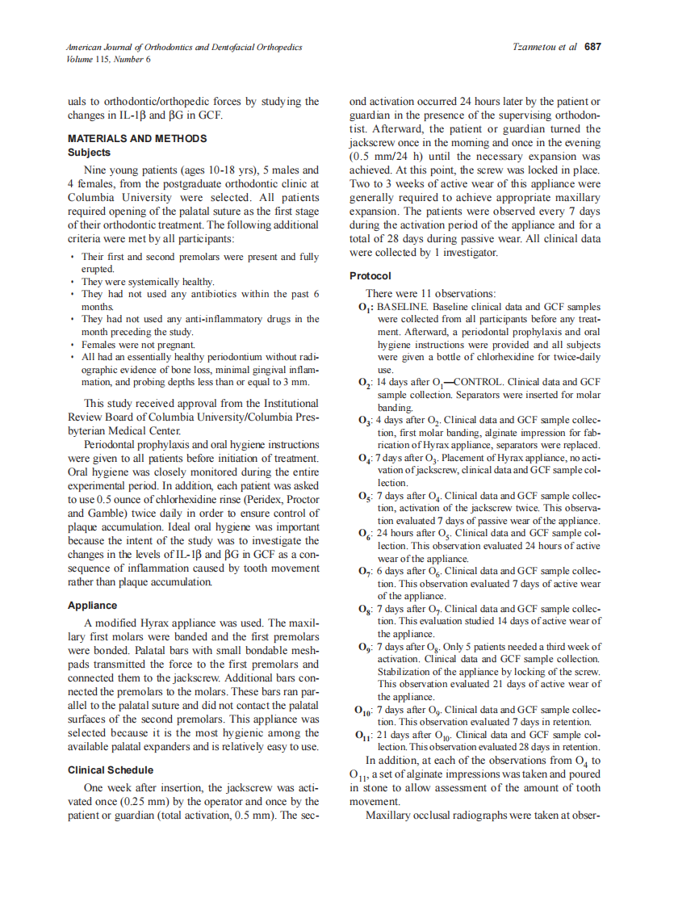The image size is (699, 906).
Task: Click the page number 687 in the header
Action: [x=593, y=47]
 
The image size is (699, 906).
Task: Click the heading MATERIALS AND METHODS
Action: [x=137, y=139]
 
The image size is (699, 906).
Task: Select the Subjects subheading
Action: [x=90, y=152]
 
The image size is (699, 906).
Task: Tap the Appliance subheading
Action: [x=93, y=606]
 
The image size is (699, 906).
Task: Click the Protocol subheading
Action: [x=370, y=275]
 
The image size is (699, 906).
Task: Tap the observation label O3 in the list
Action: [x=364, y=421]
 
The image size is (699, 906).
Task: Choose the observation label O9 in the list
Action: [x=364, y=648]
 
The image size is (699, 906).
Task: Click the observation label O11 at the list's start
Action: [x=364, y=736]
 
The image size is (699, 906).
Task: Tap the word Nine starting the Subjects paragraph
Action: [x=96, y=170]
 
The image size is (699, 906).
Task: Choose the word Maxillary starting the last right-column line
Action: [x=390, y=816]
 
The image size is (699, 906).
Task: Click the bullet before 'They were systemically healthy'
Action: [x=73, y=282]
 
